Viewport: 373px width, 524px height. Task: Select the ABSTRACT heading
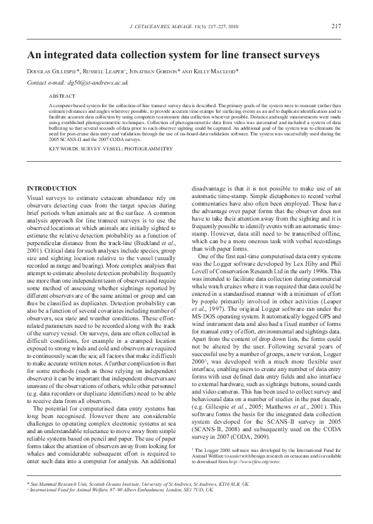click(61, 97)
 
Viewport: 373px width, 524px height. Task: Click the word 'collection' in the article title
click(150, 55)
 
